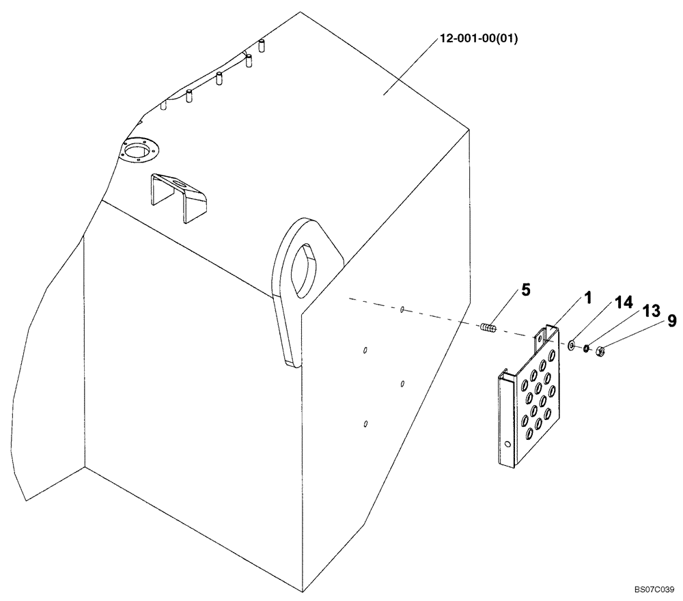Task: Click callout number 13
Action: (650, 311)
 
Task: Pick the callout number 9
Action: (672, 319)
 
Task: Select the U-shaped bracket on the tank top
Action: (179, 193)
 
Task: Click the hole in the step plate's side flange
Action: (507, 445)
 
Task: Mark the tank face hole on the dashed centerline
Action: (402, 310)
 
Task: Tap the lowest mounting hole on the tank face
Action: (366, 424)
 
